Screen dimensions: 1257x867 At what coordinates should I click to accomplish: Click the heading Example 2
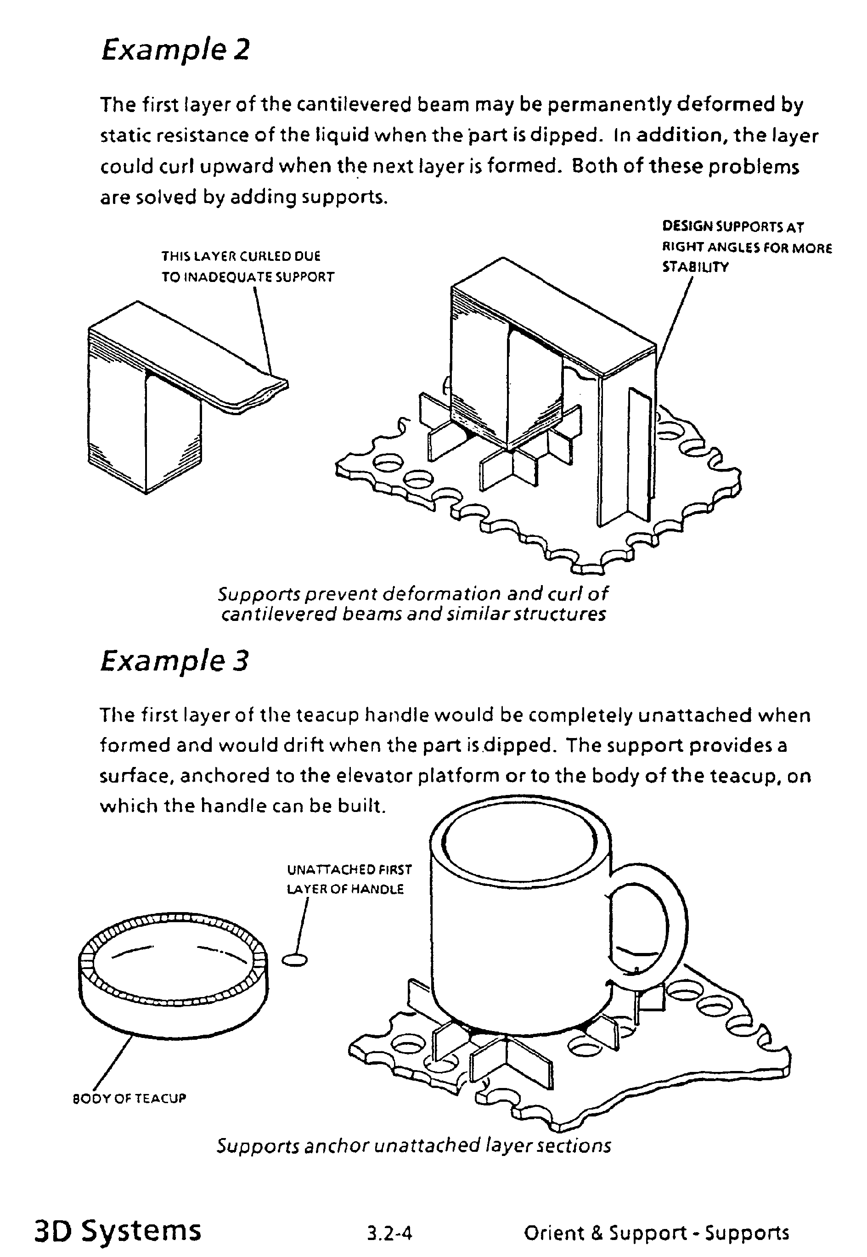click(x=175, y=50)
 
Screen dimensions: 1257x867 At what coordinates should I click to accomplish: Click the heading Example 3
click(x=175, y=661)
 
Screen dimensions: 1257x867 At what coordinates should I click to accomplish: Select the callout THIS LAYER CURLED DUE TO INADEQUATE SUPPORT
click(x=247, y=266)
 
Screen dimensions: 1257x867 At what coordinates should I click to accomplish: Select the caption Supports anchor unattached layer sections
click(x=414, y=1145)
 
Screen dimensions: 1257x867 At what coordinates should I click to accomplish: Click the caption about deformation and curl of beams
click(x=413, y=603)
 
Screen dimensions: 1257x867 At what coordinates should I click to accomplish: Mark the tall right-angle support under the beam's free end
click(x=627, y=451)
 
